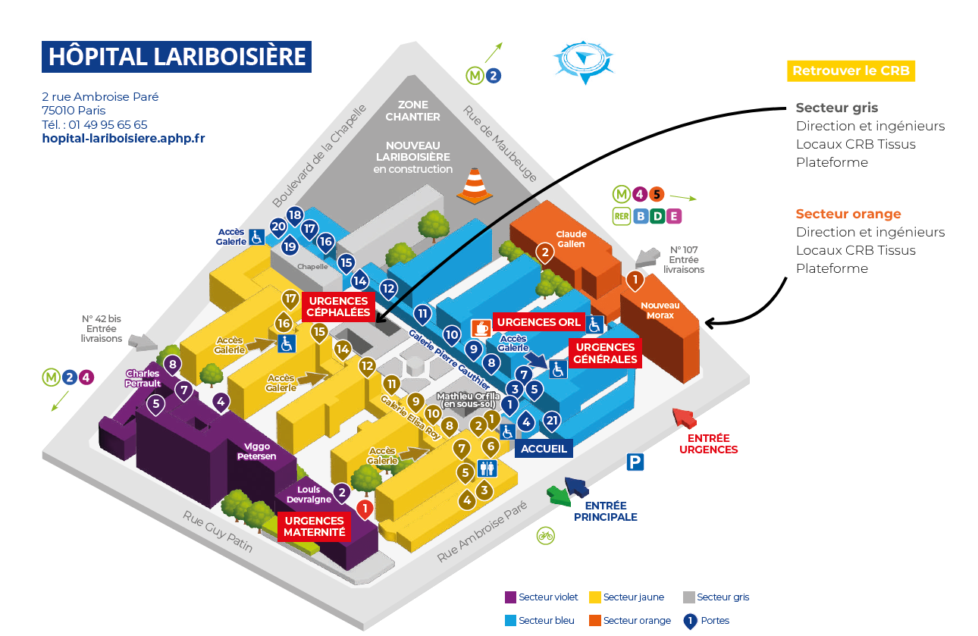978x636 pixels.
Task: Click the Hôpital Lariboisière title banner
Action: coord(177,57)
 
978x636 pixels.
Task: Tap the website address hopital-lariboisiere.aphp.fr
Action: coord(124,139)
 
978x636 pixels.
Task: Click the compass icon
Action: coord(581,60)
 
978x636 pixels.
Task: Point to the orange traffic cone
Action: coord(474,184)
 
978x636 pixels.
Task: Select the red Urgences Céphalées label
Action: coord(339,306)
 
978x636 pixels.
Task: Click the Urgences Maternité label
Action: coord(315,526)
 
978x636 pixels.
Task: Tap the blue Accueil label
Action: coord(544,448)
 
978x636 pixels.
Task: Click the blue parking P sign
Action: coord(635,462)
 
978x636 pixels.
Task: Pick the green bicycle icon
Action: coord(545,535)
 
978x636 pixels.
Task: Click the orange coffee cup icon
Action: coord(481,327)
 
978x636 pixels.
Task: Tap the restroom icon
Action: coord(486,469)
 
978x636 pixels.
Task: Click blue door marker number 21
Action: coord(552,421)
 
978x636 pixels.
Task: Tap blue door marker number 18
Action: coord(295,215)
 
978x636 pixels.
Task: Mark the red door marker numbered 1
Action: coord(365,509)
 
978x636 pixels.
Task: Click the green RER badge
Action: coord(622,216)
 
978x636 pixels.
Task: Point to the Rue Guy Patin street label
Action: coord(217,531)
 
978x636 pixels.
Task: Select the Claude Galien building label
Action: coord(572,239)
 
